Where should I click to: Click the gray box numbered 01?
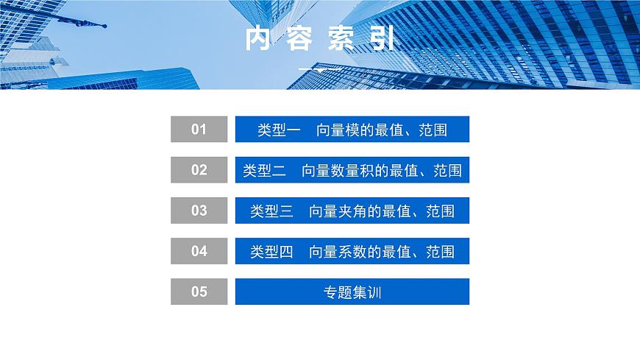199,130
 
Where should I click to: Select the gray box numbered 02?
199,170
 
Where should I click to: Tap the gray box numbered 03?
199,211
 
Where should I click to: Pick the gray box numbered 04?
199,251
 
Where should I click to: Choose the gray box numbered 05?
199,292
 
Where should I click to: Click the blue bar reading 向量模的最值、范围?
352,130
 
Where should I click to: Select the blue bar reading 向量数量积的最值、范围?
352,170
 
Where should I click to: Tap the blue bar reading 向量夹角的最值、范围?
352,211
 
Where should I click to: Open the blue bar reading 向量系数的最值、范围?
352,251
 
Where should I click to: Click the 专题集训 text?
352,292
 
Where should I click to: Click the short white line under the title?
319,69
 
